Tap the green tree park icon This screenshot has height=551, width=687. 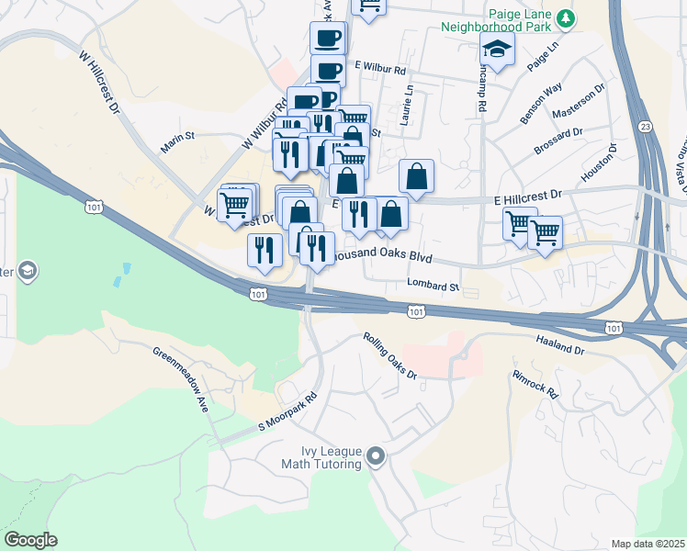coord(568,17)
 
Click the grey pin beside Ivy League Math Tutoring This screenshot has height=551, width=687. coord(375,456)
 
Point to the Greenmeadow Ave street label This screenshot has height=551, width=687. coord(180,379)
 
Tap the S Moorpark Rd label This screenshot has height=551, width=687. coord(287,413)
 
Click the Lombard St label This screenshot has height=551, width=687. coord(434,287)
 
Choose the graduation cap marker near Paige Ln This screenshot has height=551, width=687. coord(496,51)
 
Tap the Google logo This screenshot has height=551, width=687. coord(29,540)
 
